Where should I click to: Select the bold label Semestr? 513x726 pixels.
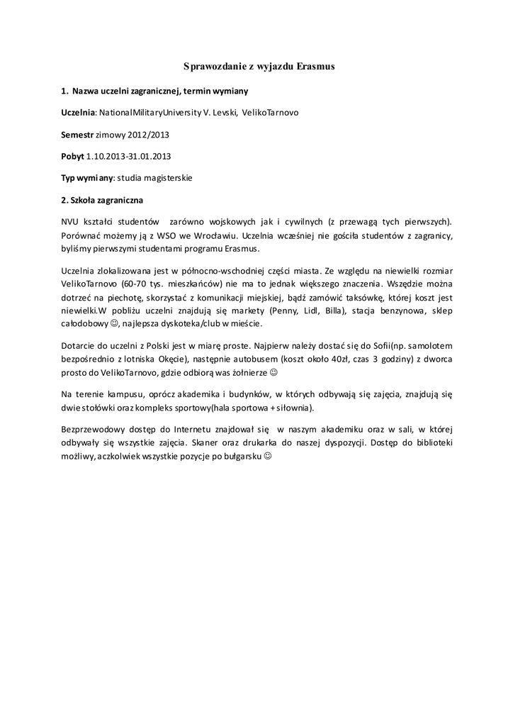[x=77, y=134]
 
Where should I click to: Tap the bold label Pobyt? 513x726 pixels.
[x=72, y=156]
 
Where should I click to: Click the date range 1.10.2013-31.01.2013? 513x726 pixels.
[x=128, y=156]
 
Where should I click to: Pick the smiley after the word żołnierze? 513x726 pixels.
[x=275, y=372]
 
